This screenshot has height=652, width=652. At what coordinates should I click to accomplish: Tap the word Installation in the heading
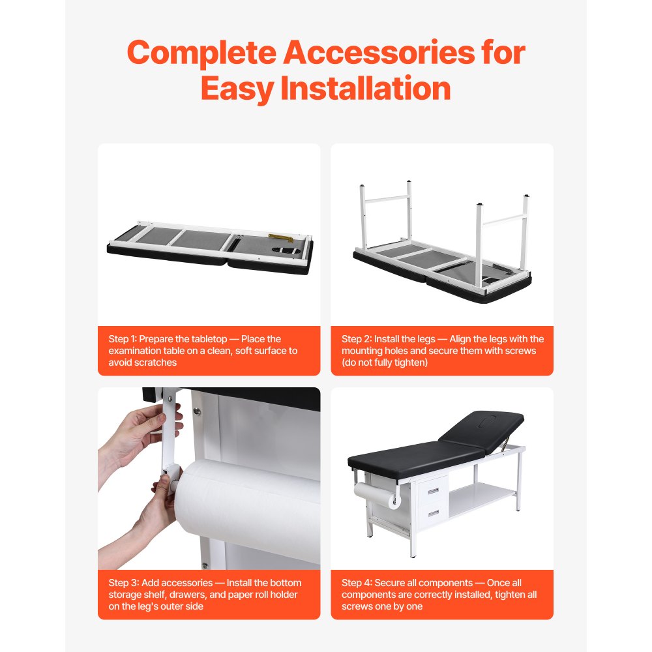(x=365, y=89)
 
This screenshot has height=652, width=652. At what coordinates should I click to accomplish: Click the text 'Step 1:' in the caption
(x=123, y=339)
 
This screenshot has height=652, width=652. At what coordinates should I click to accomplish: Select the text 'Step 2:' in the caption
(x=356, y=339)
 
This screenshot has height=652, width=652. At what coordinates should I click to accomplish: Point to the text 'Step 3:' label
(x=123, y=583)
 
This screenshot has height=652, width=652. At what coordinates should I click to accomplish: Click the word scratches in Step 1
(x=155, y=363)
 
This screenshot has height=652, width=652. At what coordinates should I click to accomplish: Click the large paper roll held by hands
(x=248, y=509)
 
